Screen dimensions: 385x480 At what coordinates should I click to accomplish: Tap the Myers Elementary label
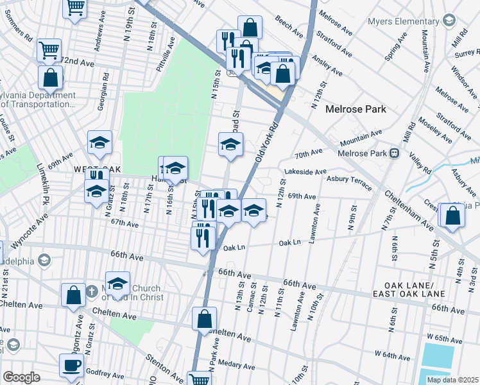point(402,22)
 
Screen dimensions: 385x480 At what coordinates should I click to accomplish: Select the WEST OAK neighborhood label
point(98,169)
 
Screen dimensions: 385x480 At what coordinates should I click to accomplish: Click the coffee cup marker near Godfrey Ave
point(71,365)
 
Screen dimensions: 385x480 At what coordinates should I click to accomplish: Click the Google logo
point(21,377)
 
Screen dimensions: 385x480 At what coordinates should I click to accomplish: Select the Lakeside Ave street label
point(305,172)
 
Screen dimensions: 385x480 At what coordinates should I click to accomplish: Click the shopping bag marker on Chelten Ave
point(203,318)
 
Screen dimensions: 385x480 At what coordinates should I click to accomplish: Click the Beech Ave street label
point(289,27)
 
